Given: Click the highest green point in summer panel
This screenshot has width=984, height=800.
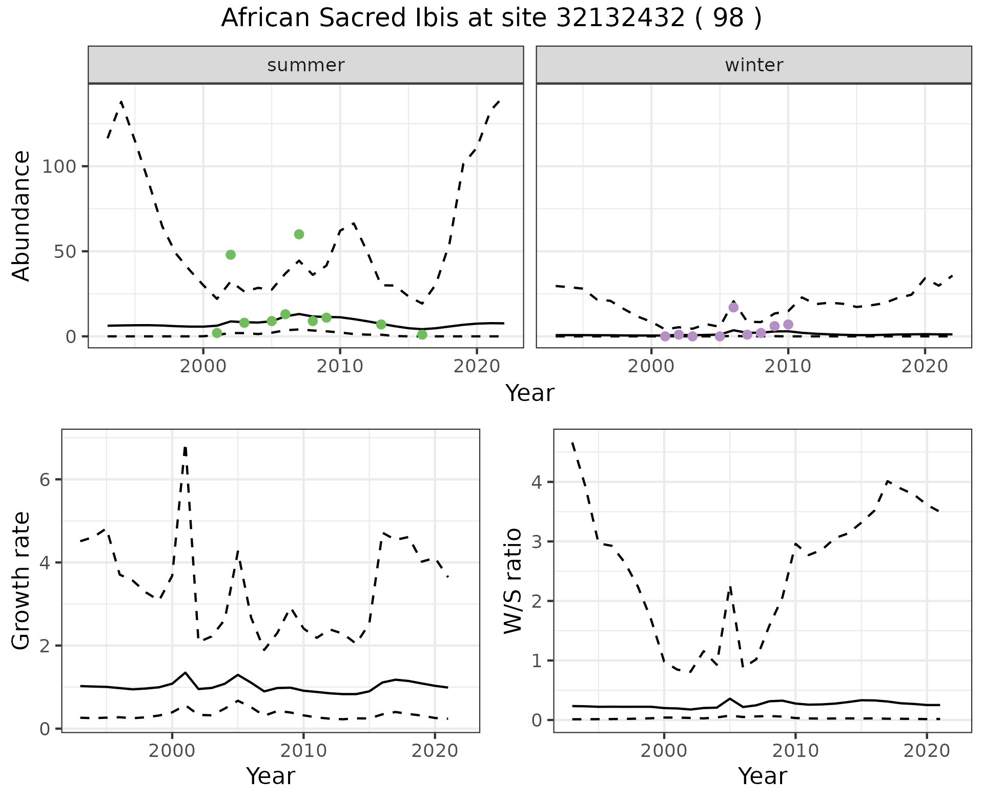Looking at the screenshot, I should [x=299, y=234].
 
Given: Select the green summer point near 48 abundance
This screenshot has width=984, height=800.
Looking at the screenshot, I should [x=231, y=255].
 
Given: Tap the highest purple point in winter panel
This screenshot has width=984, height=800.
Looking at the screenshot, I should [x=733, y=307].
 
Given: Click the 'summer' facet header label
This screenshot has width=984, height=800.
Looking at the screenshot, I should [x=306, y=65].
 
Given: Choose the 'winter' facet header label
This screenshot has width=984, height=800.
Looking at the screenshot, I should [x=754, y=65].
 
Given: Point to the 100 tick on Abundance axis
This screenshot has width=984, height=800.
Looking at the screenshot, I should [x=58, y=167].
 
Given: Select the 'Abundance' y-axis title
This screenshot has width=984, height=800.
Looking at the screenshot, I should [x=22, y=216].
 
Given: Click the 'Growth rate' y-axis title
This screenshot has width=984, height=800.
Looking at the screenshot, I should [x=22, y=581].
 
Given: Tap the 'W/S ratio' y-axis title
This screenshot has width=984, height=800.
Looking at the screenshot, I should [x=513, y=581].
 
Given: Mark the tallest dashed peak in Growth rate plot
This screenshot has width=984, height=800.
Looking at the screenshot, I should [x=185, y=447].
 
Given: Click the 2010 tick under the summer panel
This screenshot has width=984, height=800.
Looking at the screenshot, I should [x=340, y=366].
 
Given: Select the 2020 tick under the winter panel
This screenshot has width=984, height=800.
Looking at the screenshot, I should [x=925, y=366].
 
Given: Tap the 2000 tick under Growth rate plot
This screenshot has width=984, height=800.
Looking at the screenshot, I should [x=172, y=751].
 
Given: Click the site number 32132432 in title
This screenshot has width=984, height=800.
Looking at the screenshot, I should [x=620, y=18].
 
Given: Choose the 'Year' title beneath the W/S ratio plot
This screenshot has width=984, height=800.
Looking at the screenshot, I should [x=762, y=776].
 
